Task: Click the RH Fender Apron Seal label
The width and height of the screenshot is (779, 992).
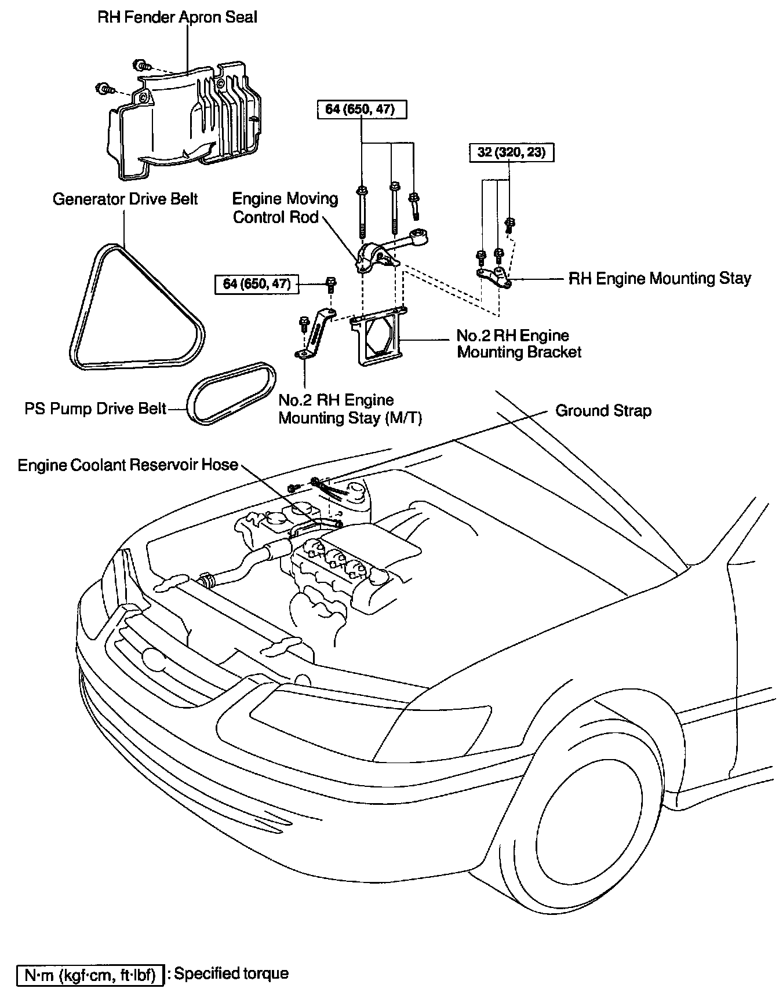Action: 177,17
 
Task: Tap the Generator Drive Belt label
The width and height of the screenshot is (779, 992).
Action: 125,199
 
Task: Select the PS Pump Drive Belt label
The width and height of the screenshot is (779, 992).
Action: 95,409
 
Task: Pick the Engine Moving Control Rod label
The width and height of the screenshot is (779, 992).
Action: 285,207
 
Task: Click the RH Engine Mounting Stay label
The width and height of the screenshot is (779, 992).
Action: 659,279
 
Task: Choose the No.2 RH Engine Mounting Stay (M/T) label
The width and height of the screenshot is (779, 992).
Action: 349,409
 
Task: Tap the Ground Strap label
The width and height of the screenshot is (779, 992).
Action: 603,411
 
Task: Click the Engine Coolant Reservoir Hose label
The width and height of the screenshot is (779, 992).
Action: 128,465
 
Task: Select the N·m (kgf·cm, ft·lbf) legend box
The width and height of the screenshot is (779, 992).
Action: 89,975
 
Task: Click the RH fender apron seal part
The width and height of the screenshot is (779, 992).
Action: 180,122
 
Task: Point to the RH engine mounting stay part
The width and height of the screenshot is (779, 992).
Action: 494,277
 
